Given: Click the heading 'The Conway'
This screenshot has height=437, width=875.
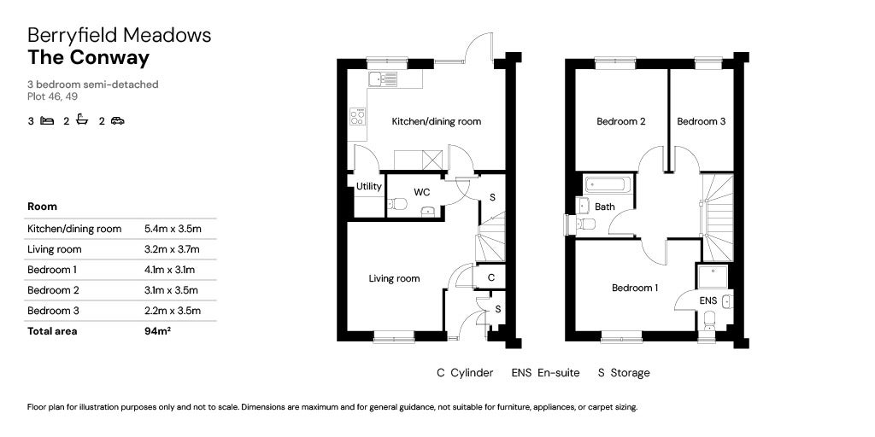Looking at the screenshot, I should [88, 58].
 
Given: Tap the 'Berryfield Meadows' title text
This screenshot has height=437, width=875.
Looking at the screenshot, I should [119, 35].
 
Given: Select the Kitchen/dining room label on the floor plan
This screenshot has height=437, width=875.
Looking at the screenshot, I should [436, 121].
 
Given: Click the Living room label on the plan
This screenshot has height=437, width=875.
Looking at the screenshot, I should [394, 278].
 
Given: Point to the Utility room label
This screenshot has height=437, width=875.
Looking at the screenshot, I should [369, 186].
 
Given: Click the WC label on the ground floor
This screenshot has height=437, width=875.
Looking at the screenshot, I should [421, 192].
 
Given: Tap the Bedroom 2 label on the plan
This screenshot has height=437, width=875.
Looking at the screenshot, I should [620, 121].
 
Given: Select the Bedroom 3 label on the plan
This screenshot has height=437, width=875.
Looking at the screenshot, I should [701, 121].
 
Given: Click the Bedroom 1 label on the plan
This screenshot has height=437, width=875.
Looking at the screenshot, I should [634, 288].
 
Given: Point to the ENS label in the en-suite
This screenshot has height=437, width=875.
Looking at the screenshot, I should [708, 301].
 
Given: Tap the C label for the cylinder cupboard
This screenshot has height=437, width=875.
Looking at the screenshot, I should [490, 277].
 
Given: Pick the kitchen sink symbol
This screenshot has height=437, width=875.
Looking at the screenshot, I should [384, 79].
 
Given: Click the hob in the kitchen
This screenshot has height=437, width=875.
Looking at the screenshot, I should [357, 117].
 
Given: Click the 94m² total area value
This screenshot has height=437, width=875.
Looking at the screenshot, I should [157, 331].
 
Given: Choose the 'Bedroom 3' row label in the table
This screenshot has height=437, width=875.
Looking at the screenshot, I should [53, 311].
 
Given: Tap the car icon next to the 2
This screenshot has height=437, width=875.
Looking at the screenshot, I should [117, 121].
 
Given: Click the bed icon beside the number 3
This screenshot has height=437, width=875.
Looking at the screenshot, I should [46, 121].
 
